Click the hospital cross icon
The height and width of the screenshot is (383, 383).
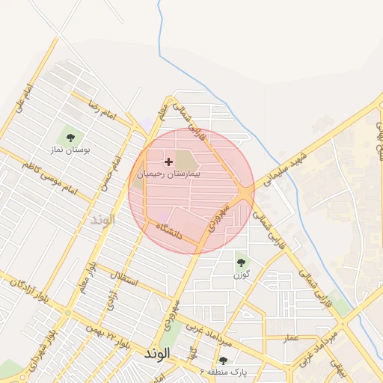pos(168,162)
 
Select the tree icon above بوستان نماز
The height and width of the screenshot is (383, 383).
pos(70,137)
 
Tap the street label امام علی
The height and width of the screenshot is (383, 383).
pos(22,100)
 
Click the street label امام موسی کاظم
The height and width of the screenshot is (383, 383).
pos(52,177)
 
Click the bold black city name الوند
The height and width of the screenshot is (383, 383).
pos(159,353)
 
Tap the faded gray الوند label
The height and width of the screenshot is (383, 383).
pos(102,220)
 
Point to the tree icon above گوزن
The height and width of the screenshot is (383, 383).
pos(241,262)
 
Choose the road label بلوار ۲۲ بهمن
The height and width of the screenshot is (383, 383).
pos(108,335)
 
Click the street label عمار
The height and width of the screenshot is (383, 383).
pos(291,338)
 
